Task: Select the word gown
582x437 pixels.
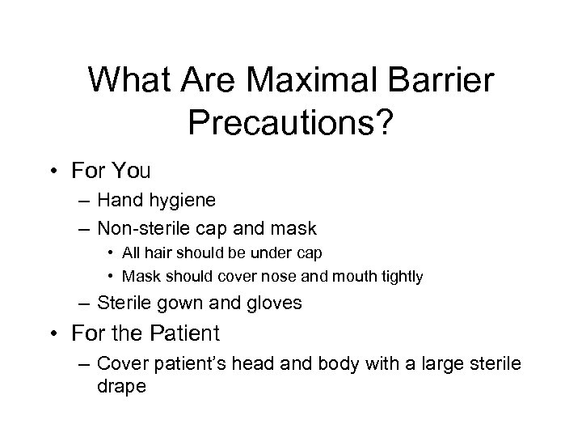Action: tap(193, 304)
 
